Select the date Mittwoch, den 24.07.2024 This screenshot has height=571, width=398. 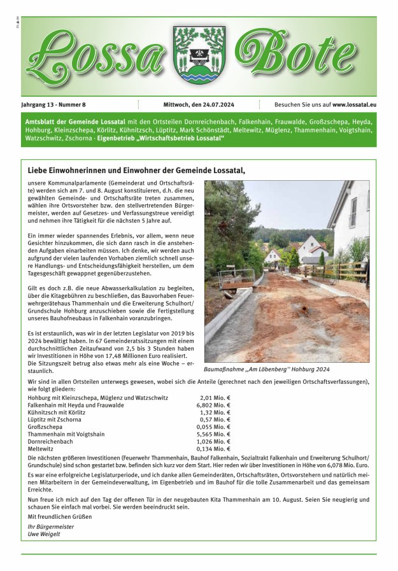point(199,104)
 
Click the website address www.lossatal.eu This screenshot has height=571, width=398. point(354,104)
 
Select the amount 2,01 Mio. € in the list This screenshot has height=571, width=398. point(215,398)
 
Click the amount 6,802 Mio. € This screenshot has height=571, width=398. point(213,405)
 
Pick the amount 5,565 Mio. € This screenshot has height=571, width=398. point(213,434)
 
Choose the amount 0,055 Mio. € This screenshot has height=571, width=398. point(213,427)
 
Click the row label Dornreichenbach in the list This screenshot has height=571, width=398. point(50,442)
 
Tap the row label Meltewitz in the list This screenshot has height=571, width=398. point(41,449)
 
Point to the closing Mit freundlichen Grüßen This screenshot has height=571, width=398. point(59,517)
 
